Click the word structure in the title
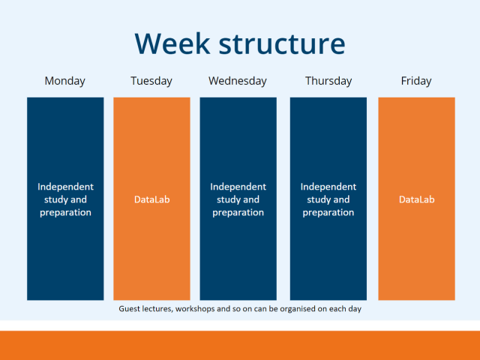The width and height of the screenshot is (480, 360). [x=282, y=43]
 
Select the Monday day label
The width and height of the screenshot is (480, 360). [x=65, y=81]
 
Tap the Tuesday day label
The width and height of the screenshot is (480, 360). [x=151, y=81]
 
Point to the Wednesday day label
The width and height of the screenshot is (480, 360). [x=238, y=81]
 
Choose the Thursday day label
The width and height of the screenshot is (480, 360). [x=328, y=81]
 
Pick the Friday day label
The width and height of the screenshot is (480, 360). [x=416, y=81]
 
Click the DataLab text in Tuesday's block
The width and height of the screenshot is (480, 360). [x=151, y=199]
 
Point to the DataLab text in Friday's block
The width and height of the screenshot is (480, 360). [x=416, y=199]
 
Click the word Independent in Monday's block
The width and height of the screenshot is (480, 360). [x=65, y=187]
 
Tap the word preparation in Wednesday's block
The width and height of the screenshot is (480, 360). [x=238, y=212]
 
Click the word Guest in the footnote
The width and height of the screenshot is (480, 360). [x=131, y=308]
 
